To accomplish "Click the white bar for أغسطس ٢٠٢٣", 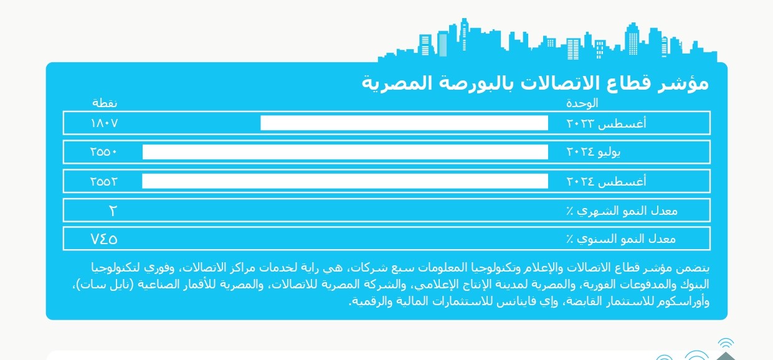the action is click(404, 123).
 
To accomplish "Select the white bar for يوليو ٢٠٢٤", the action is click(345, 152).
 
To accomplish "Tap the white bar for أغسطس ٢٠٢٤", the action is click(345, 181).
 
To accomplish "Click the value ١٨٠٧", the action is click(104, 123).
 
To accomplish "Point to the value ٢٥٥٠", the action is click(103, 152).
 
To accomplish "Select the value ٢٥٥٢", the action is click(103, 181).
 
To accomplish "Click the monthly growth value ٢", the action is click(113, 211).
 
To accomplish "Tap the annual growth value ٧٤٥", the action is click(104, 239).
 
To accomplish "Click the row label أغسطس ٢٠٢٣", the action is click(606, 123).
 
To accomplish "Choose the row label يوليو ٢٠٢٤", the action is click(594, 152).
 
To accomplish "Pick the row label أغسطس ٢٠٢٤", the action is click(606, 181).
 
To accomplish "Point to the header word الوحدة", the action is click(582, 103).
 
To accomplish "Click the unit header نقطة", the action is click(105, 103).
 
